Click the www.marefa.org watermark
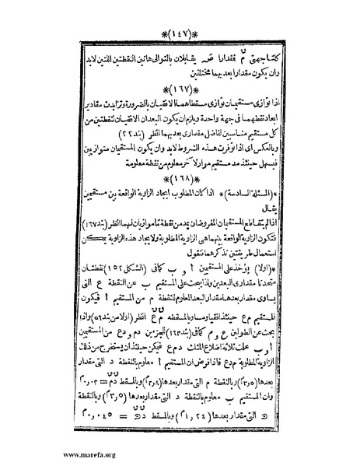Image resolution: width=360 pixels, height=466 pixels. pos(34,454)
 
